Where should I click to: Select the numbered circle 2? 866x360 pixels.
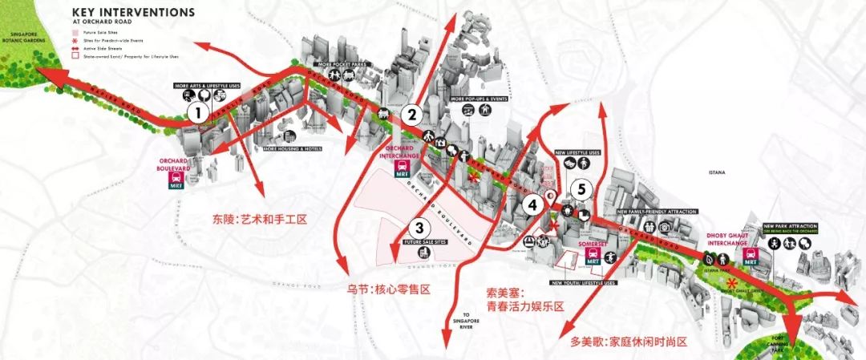[412, 114]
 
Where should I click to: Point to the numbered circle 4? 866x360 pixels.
[532, 204]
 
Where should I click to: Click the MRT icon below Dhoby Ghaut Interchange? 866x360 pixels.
[752, 256]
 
